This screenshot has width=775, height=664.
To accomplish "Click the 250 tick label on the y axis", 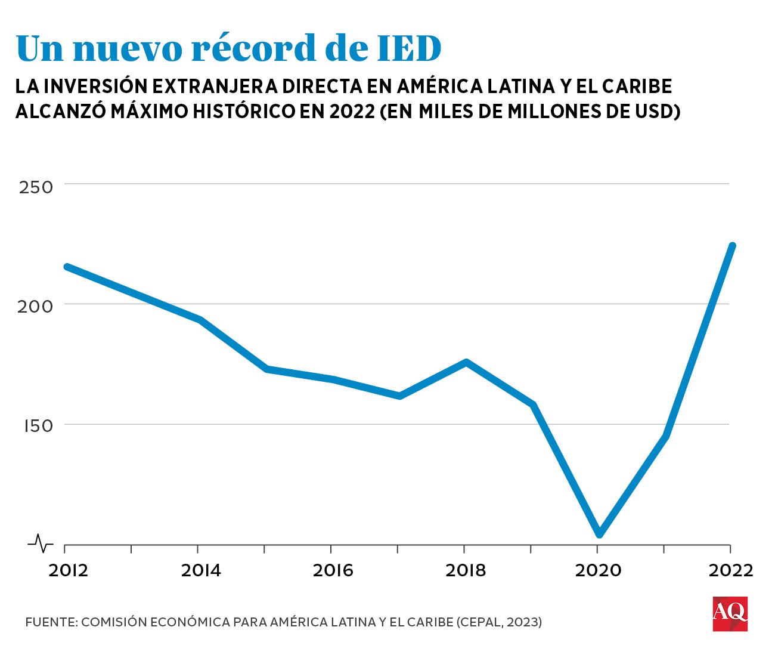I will pyautogui.click(x=36, y=187).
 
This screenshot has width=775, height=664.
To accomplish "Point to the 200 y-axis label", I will pyautogui.click(x=36, y=307).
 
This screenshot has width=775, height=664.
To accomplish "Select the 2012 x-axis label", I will pyautogui.click(x=69, y=571).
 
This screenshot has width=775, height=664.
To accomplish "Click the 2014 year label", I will pyautogui.click(x=201, y=571).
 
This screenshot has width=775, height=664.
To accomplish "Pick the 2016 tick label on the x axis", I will pyautogui.click(x=333, y=571).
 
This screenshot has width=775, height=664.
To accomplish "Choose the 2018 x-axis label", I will pyautogui.click(x=466, y=571).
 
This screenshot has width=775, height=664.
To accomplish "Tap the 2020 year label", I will pyautogui.click(x=598, y=571).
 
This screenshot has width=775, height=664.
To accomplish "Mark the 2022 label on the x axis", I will pyautogui.click(x=731, y=571).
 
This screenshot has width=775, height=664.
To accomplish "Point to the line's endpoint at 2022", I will pyautogui.click(x=732, y=246).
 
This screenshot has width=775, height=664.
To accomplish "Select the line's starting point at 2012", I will pyautogui.click(x=67, y=267).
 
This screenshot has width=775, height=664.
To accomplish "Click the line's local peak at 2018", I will pyautogui.click(x=466, y=362).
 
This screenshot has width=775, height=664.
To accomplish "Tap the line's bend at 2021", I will pyautogui.click(x=665, y=436).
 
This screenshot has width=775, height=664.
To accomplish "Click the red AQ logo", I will pyautogui.click(x=730, y=613).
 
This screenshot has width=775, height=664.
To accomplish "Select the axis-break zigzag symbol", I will pyautogui.click(x=41, y=543).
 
